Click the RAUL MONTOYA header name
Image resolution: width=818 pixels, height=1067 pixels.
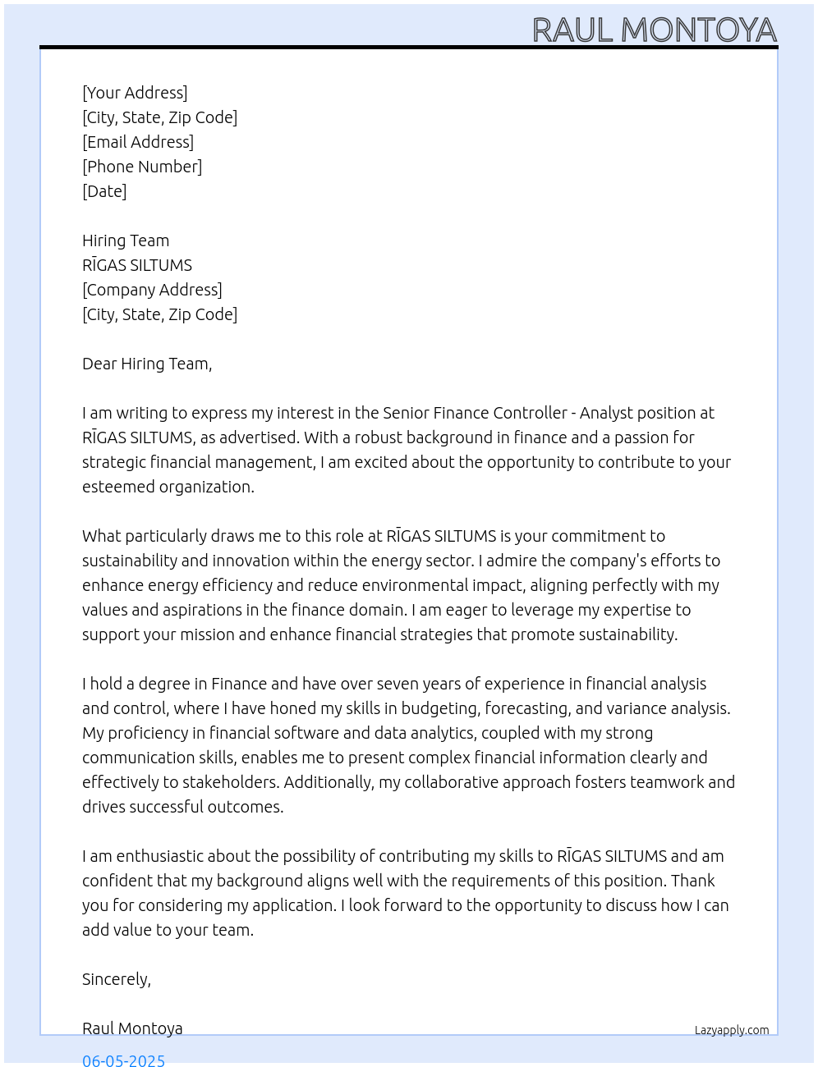click(x=654, y=30)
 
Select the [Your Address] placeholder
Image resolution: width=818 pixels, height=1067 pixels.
click(x=135, y=93)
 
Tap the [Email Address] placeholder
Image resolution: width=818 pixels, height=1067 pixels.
click(x=138, y=142)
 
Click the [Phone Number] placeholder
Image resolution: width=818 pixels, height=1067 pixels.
click(x=142, y=167)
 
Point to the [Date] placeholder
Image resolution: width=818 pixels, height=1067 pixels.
click(x=104, y=191)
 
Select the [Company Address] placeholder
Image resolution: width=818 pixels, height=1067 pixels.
click(x=152, y=290)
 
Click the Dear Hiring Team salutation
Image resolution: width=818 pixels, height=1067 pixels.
click(x=147, y=364)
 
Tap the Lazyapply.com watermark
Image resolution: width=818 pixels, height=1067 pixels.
click(x=732, y=1030)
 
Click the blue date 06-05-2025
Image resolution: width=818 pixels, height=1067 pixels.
click(x=123, y=1060)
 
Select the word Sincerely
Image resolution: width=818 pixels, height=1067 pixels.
click(x=116, y=979)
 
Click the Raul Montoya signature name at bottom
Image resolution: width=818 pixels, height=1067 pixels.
click(x=132, y=1028)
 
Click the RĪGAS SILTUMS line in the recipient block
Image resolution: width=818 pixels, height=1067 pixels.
click(x=137, y=265)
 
